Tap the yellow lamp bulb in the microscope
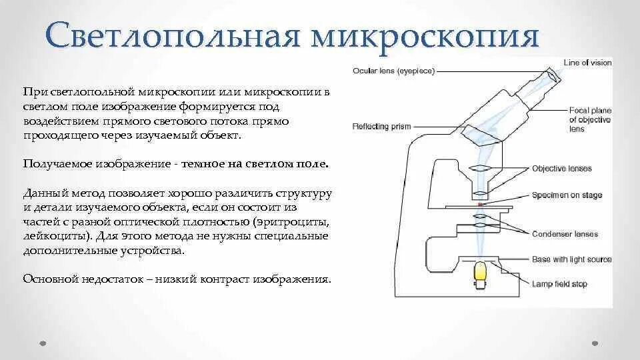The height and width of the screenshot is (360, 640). click(481, 273)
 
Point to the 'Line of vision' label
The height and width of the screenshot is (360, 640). click(587, 63)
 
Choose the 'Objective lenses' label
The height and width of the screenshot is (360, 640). click(562, 168)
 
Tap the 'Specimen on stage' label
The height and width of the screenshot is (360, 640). click(567, 195)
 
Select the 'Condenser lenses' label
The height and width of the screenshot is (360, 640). click(565, 234)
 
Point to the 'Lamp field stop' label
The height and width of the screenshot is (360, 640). click(559, 284)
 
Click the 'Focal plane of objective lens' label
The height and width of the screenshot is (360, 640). click(587, 119)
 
